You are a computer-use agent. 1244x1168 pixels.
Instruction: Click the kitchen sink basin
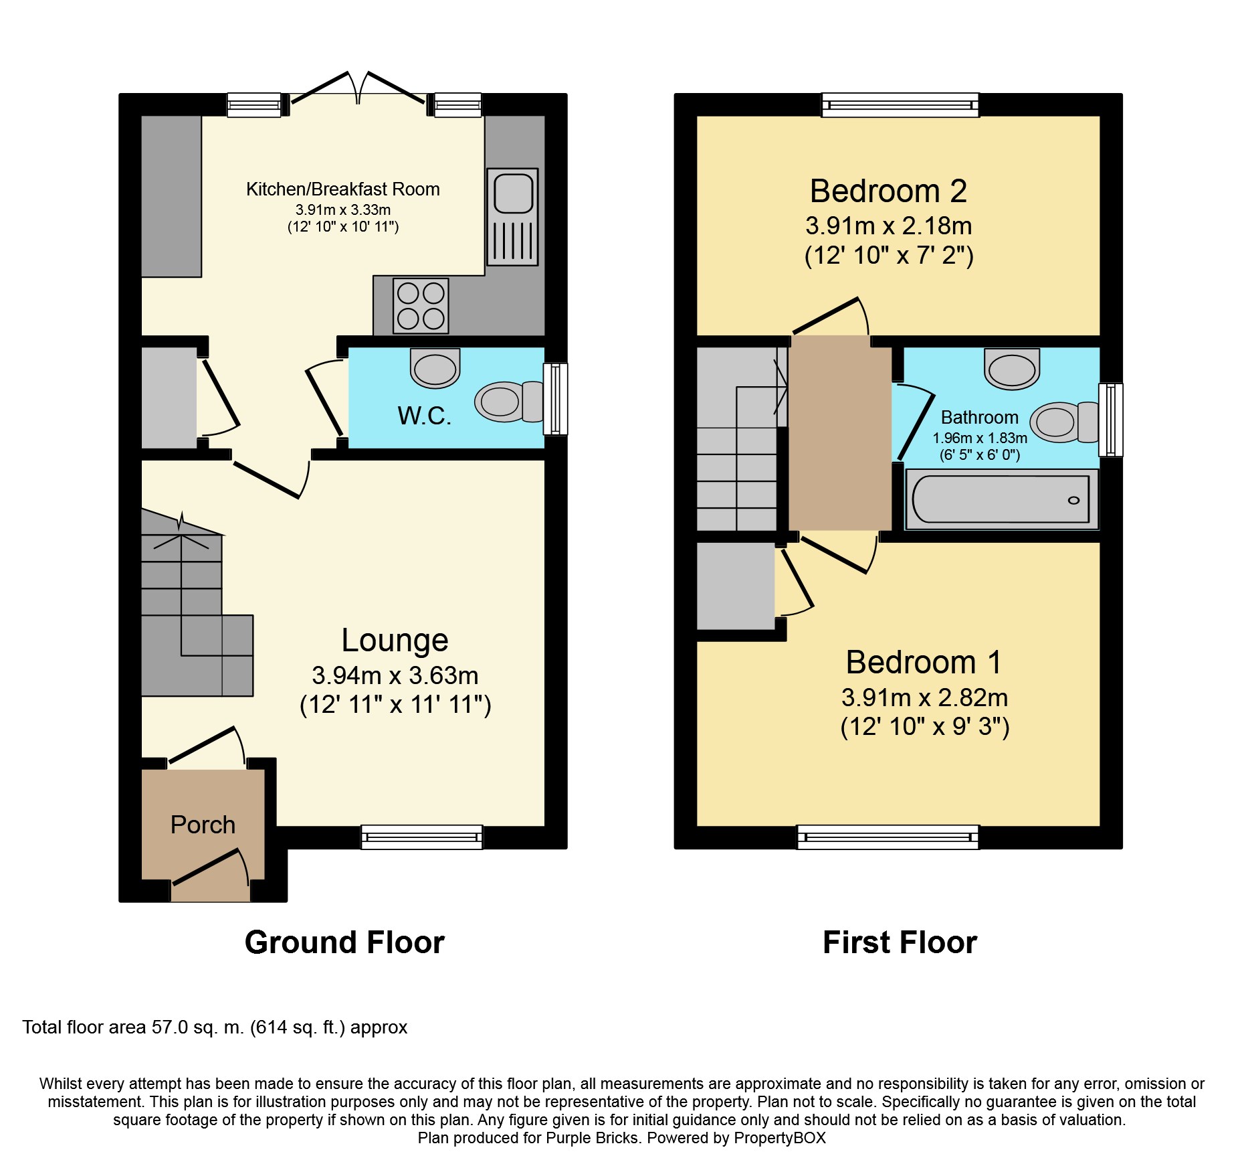513,193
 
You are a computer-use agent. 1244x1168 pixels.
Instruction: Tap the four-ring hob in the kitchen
421,305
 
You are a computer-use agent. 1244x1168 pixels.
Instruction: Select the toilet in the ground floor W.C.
510,402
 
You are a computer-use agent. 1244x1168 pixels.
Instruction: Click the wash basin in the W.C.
435,367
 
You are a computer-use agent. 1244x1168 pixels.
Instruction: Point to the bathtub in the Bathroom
1001,499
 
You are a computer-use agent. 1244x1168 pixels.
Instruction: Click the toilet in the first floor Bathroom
1064,422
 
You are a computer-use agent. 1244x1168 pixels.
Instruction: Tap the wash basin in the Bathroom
1012,369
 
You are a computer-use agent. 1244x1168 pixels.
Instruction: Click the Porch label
203,825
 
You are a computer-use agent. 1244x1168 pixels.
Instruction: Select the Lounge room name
395,641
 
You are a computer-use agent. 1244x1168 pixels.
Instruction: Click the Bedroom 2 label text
888,191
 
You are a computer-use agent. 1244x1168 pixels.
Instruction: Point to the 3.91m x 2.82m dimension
924,697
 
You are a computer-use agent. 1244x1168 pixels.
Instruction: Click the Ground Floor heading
344,942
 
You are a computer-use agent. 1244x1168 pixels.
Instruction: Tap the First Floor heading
900,942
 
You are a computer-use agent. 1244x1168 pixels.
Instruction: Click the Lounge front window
422,837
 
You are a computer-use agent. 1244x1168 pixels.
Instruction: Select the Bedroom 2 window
900,105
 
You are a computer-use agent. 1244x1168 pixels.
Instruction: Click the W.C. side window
556,399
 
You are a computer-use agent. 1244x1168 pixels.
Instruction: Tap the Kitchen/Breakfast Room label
343,189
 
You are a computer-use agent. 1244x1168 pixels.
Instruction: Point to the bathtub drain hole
1073,501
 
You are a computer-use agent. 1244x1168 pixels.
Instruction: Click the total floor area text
215,1027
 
